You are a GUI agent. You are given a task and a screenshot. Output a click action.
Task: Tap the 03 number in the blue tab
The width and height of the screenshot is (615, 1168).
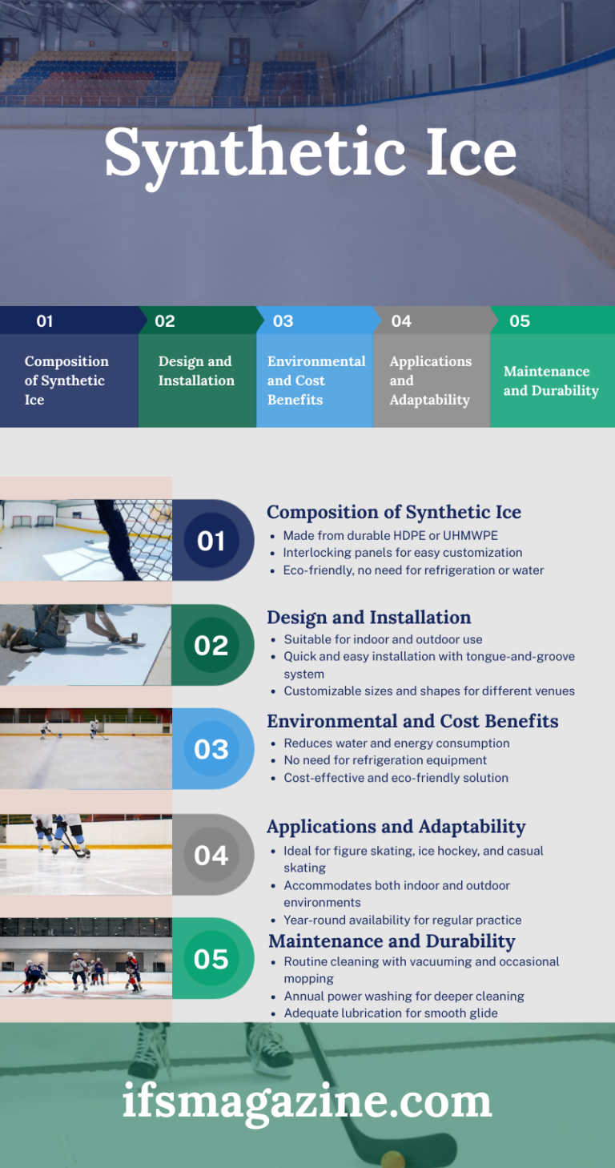283,321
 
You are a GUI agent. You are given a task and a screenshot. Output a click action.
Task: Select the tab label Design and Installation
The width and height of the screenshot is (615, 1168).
196,371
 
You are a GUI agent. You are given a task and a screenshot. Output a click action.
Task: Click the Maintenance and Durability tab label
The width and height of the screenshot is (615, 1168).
551,381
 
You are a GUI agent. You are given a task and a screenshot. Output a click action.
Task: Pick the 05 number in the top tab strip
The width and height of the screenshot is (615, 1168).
520,321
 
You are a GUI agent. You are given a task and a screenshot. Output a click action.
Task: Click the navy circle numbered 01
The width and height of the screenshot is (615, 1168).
211,541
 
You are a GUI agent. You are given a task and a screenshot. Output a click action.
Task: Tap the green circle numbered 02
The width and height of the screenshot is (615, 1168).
211,645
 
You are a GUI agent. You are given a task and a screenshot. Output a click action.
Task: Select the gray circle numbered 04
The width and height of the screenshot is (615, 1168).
211,855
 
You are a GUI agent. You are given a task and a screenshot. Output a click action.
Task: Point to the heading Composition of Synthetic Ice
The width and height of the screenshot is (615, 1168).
393,512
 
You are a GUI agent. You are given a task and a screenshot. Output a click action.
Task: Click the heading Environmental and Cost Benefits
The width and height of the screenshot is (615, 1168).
412,721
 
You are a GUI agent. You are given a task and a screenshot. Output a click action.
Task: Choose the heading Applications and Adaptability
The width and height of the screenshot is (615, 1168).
396,826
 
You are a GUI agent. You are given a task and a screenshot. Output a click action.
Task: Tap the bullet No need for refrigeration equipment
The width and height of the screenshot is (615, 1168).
385,760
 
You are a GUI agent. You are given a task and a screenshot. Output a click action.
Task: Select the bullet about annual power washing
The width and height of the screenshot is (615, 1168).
404,996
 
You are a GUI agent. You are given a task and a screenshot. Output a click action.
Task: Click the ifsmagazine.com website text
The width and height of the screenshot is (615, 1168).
307,1100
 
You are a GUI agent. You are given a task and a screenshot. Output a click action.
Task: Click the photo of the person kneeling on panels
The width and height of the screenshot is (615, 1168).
86,645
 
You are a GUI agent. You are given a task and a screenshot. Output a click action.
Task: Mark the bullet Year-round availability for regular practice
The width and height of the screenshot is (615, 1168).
402,920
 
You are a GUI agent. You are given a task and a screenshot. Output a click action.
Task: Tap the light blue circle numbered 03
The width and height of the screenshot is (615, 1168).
211,749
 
